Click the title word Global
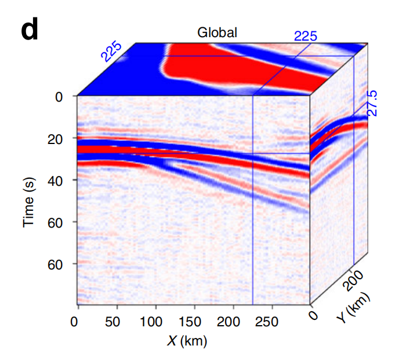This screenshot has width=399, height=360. pyautogui.click(x=217, y=33)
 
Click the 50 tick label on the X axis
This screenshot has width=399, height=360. pyautogui.click(x=117, y=321)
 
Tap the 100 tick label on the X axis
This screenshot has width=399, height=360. pyautogui.click(x=155, y=321)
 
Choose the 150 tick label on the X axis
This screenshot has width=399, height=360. pyautogui.click(x=195, y=321)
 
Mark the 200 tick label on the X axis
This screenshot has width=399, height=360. pyautogui.click(x=234, y=321)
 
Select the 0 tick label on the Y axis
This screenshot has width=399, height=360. pyautogui.click(x=315, y=315)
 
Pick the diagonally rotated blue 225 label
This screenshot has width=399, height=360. pyautogui.click(x=111, y=51)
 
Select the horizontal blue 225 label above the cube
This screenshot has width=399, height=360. pyautogui.click(x=305, y=36)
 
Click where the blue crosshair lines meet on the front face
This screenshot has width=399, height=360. pyautogui.click(x=253, y=154)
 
